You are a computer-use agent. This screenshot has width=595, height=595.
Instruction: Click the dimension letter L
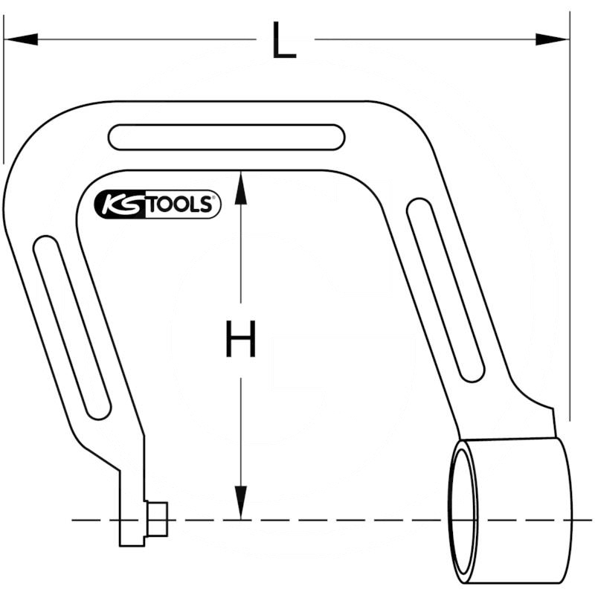[283, 41]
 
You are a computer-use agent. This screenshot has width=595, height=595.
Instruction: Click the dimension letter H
[240, 339]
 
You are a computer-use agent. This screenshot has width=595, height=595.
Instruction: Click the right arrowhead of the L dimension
[553, 39]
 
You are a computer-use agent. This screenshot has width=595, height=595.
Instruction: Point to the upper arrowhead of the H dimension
[240, 187]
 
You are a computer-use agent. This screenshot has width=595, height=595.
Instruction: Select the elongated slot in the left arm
[72, 327]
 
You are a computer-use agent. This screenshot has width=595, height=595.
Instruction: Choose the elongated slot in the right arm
[446, 290]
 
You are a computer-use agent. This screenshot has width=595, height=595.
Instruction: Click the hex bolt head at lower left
[156, 518]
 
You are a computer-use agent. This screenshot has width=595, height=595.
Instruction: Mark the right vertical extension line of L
[569, 223]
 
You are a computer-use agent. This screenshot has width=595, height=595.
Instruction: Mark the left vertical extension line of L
[4, 89]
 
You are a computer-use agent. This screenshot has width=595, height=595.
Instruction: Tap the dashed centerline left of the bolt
[93, 519]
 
